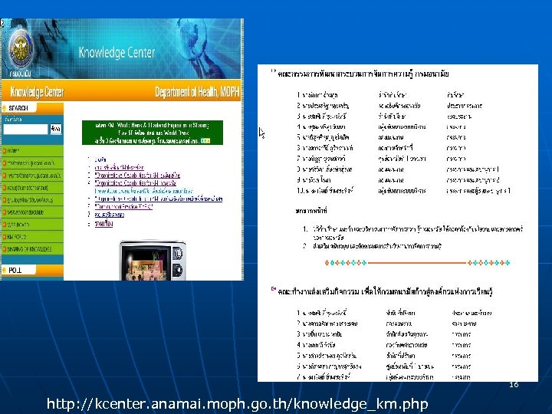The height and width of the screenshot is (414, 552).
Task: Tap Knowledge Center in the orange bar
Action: click(33, 93)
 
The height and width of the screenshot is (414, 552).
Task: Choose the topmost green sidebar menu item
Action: click(31, 151)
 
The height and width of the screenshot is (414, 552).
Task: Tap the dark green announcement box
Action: click(153, 132)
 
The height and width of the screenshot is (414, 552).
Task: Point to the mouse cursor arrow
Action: click(261, 132)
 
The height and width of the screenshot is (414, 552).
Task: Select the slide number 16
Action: click(513, 385)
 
